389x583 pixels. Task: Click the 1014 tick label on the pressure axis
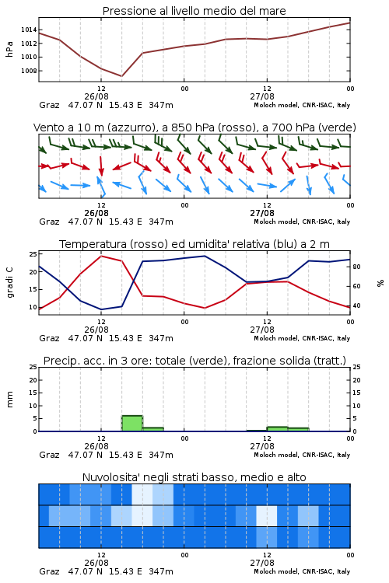(29, 30)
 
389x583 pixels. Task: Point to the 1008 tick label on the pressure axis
(29, 71)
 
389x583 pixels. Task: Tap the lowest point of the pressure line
(121, 76)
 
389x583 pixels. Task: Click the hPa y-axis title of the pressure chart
(9, 49)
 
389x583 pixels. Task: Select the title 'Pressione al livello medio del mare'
(194, 11)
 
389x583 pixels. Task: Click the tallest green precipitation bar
(132, 423)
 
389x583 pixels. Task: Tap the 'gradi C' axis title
(10, 283)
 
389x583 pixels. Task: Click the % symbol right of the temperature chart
(380, 283)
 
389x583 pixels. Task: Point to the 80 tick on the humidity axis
(356, 267)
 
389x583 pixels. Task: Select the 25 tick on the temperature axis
(33, 254)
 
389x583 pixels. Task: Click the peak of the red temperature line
(101, 256)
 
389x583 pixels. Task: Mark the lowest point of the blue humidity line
(101, 309)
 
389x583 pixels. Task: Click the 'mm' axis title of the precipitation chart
(10, 400)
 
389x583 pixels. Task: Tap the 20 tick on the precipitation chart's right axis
(356, 380)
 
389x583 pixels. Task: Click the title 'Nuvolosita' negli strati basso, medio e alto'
(194, 477)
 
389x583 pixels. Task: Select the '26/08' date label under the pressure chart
(96, 96)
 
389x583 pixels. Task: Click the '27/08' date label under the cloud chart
(262, 563)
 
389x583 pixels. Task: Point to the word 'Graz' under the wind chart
(49, 222)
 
